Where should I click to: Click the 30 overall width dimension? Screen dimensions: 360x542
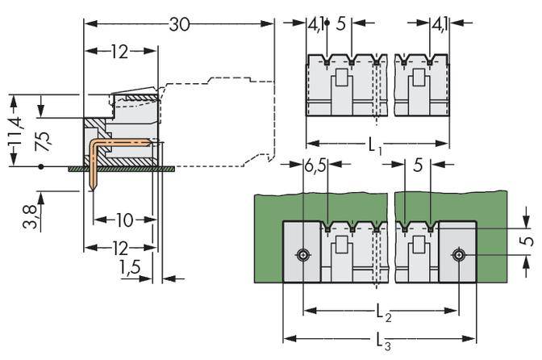179,24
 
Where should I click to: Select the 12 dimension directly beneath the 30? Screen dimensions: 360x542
119,52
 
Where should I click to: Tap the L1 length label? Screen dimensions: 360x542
375,147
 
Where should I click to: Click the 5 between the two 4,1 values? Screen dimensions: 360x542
341,24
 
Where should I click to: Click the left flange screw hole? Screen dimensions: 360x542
302,254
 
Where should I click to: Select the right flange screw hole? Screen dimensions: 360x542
458,254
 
